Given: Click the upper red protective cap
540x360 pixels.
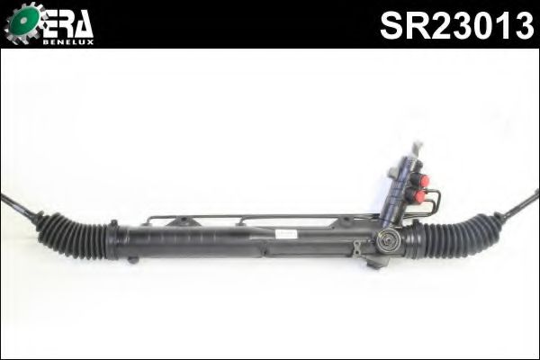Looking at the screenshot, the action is coord(423,180).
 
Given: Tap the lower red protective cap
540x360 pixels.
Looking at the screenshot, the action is coord(419,196).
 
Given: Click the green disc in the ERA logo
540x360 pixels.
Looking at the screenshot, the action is coord(23,21).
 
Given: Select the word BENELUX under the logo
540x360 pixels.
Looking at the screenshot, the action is coord(67,42).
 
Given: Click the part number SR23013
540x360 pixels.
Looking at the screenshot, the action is coord(457,26).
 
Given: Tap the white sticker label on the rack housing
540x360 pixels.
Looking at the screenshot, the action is coord(286,234).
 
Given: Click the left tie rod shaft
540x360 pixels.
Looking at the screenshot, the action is coord(18,206).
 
